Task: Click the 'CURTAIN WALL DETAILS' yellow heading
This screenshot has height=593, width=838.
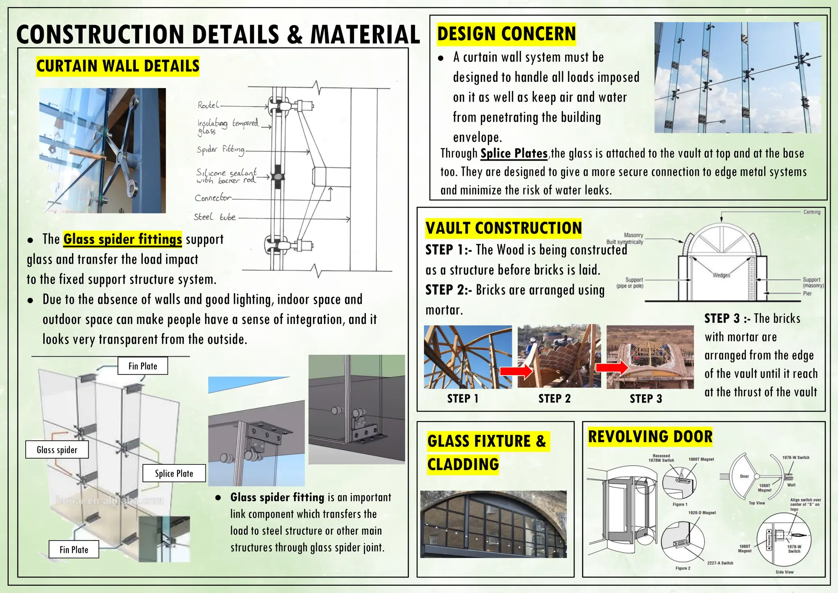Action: [x=117, y=66]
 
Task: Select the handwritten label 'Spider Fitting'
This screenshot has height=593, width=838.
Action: [x=220, y=150]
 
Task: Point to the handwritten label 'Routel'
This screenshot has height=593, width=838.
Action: [x=208, y=105]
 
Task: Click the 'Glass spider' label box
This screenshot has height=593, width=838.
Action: [x=57, y=450]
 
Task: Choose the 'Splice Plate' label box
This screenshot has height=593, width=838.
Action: [x=174, y=473]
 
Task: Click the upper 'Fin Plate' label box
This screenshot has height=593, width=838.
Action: [x=142, y=366]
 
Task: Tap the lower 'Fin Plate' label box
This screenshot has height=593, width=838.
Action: [x=74, y=550]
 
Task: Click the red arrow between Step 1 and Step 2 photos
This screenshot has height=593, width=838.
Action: [x=516, y=371]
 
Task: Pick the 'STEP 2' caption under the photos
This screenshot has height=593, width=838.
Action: [x=554, y=398]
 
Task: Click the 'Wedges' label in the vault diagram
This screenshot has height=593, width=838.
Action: [x=721, y=275]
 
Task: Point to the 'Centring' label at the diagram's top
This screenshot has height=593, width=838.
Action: [x=811, y=212]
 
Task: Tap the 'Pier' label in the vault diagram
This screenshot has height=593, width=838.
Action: [x=807, y=293]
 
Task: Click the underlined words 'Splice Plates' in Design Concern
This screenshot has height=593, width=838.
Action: [x=514, y=154]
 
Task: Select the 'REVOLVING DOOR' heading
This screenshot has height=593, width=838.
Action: [x=650, y=437]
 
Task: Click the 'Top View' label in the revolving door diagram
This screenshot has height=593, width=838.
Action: [x=757, y=503]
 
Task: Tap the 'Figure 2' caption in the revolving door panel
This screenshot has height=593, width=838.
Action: [x=683, y=568]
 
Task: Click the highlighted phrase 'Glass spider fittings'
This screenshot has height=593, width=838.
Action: [x=122, y=239]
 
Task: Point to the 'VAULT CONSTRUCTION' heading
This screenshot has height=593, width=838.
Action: [x=503, y=228]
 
